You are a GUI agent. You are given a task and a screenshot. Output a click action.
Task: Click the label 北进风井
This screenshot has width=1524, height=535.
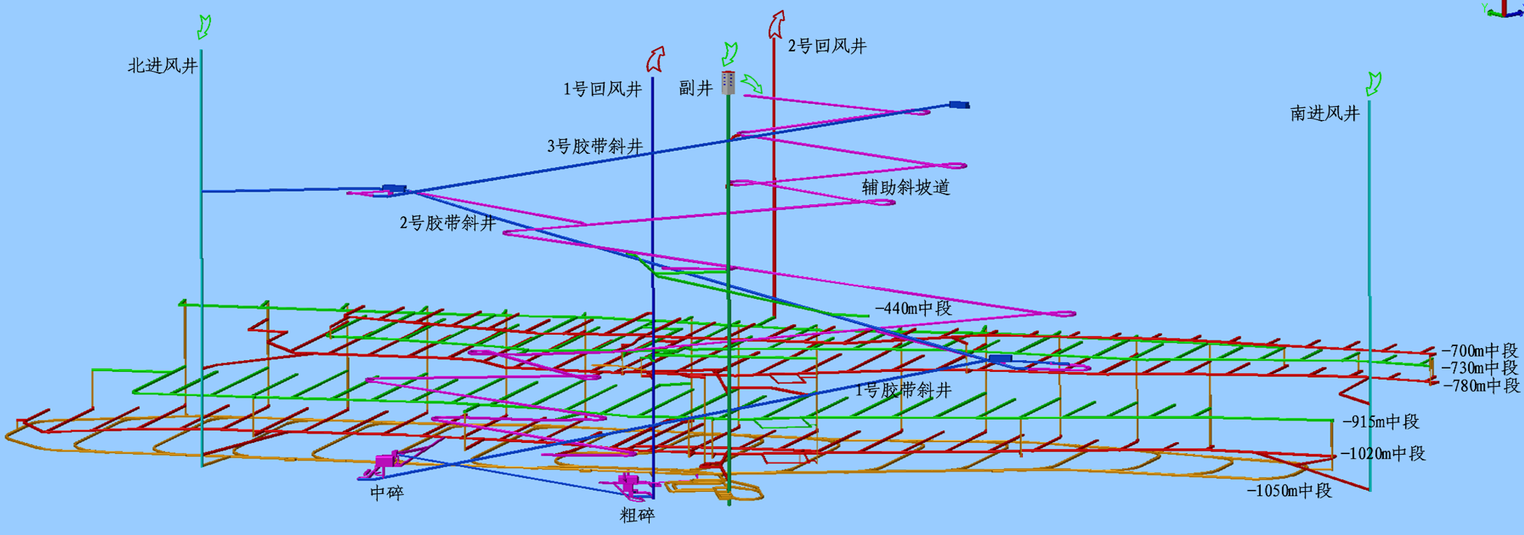point(162,66)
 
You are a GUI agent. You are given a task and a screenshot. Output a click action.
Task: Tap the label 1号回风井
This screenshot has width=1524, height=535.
point(602,89)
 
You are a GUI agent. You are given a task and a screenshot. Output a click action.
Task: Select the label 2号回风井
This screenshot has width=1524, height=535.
point(827,46)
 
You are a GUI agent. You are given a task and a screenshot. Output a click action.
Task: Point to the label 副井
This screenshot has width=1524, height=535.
point(696,88)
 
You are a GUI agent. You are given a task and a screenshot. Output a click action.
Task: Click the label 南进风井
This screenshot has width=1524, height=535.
point(1325,113)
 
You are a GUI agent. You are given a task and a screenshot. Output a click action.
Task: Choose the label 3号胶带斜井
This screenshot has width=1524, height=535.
point(595,147)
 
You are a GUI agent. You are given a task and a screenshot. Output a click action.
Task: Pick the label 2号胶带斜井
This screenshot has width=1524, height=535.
point(448,223)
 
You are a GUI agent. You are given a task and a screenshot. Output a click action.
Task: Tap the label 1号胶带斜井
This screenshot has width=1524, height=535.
point(903,390)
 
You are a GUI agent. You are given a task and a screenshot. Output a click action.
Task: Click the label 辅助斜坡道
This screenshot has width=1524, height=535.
point(906,188)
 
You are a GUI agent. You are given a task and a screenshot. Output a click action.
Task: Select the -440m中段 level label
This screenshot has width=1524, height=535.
point(913,308)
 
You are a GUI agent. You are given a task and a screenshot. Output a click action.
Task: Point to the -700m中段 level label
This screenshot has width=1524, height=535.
point(1480,351)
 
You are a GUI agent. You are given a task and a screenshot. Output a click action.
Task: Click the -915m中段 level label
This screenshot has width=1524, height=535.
point(1381,422)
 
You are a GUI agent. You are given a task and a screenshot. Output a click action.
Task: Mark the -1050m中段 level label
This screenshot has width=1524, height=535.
point(1289,491)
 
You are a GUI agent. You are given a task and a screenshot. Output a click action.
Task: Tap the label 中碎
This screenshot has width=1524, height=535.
point(387,493)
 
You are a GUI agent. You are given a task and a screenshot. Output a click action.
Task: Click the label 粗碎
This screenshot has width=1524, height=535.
point(637,515)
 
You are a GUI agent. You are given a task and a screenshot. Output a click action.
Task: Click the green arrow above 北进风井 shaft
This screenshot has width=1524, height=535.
point(204,27)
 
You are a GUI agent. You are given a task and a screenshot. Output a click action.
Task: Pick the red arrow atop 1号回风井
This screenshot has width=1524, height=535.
point(655,59)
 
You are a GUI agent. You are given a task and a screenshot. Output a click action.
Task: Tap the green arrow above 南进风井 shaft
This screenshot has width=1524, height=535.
point(1373,84)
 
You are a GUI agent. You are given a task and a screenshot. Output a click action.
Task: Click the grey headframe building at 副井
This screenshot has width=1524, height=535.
point(728,82)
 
